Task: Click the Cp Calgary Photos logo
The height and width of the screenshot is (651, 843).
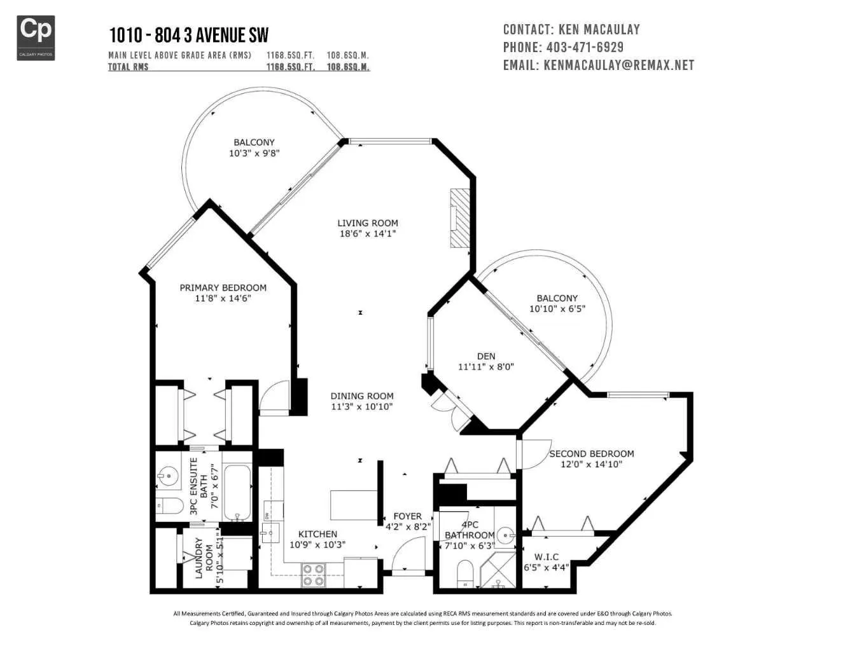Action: (x=36, y=38)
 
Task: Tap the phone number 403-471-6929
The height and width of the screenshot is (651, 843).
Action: (x=585, y=47)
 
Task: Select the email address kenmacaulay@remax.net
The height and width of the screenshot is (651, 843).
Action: (x=619, y=65)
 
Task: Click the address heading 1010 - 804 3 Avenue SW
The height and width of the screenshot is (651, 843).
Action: (x=189, y=35)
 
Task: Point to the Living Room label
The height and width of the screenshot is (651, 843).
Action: (x=367, y=223)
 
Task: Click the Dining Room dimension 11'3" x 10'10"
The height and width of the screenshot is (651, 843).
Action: (x=362, y=406)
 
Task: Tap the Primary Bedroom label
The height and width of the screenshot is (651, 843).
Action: (x=223, y=287)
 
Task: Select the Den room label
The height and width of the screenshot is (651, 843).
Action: (x=486, y=356)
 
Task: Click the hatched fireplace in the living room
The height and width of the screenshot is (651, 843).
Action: (x=460, y=218)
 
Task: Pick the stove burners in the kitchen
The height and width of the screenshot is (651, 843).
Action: (x=313, y=575)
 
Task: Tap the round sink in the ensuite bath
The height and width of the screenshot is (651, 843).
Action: (x=167, y=475)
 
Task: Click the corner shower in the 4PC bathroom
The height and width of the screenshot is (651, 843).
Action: (x=498, y=570)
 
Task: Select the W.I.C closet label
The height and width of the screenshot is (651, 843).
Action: (x=547, y=557)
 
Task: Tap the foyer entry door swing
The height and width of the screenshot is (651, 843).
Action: (x=408, y=556)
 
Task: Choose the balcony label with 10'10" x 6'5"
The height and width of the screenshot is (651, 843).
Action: (x=557, y=303)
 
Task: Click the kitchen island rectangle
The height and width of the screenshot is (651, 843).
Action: (x=354, y=505)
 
